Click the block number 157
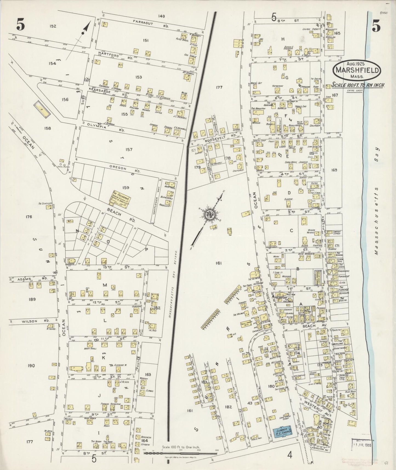click(129, 150)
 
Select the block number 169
click(334, 170)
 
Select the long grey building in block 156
click(42, 109)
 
